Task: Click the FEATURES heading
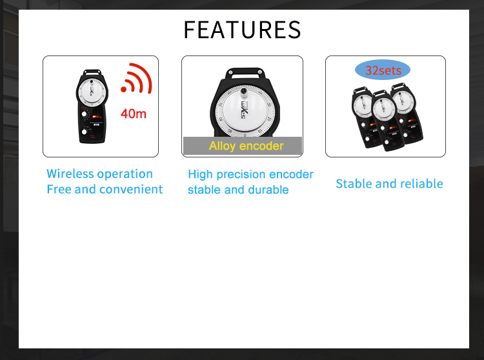tap(242, 30)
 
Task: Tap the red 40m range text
tap(134, 114)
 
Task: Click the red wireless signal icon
tap(136, 78)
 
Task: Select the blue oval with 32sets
tap(383, 70)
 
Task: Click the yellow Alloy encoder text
tap(246, 146)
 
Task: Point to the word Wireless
tap(70, 174)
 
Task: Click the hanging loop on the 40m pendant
tap(92, 72)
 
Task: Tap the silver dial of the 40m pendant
tap(92, 92)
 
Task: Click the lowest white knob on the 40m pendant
tap(84, 132)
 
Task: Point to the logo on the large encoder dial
tap(245, 109)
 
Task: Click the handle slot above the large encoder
tap(244, 75)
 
